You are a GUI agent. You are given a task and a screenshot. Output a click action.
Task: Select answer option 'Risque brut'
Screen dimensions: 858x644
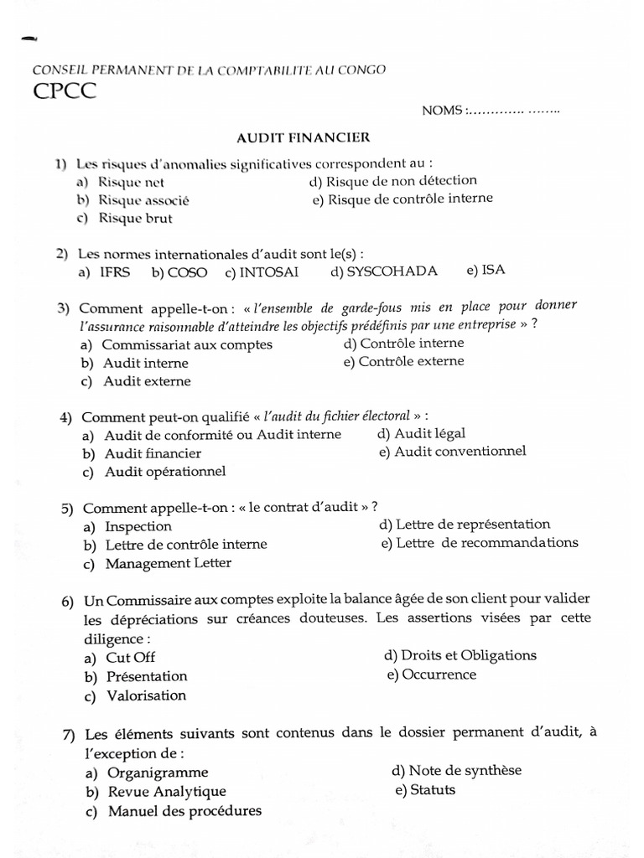135,219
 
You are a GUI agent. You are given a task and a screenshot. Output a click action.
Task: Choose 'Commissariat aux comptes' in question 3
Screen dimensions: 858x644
186,344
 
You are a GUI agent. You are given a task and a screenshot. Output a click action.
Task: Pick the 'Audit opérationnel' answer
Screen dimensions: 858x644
165,471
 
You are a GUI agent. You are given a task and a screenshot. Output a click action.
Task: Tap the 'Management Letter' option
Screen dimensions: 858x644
168,563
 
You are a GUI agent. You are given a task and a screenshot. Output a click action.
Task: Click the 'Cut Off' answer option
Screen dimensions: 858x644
130,658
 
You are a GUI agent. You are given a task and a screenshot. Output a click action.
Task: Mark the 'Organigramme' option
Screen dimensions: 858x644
158,773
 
